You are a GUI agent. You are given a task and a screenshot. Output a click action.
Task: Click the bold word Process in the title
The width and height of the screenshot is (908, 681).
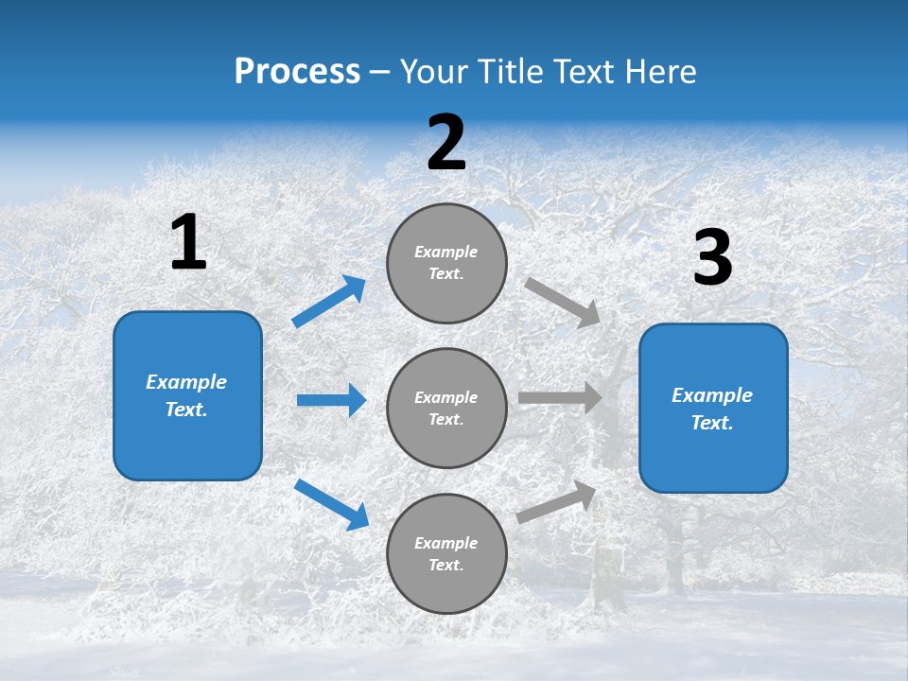(x=297, y=72)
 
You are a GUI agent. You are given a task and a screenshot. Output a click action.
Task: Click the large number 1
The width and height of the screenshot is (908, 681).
(x=188, y=243)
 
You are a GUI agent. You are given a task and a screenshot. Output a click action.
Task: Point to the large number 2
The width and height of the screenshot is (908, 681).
(x=446, y=144)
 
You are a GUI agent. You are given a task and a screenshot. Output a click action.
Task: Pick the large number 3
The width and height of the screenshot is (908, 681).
(x=712, y=258)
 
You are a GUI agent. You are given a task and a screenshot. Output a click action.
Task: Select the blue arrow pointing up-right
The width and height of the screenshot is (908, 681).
(x=329, y=302)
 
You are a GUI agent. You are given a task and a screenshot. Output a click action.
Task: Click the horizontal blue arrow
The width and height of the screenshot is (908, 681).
(x=331, y=400)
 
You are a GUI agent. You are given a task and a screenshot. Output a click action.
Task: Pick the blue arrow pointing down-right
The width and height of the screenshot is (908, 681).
(x=331, y=504)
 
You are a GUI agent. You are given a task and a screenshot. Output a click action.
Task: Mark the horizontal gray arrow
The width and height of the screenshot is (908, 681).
(x=560, y=397)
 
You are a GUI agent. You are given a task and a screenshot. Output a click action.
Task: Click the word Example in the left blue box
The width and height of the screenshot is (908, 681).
(x=186, y=382)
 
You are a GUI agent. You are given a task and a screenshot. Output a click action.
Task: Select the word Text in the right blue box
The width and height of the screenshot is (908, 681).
(x=711, y=423)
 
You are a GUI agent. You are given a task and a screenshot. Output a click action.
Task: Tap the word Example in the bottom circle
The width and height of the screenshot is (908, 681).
(x=446, y=543)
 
